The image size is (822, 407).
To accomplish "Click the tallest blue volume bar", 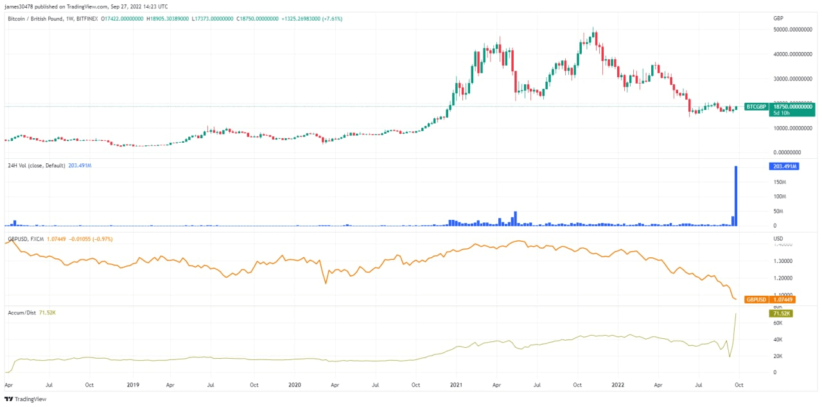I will pos(736,196).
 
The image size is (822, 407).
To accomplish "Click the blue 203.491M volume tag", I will pos(783,167).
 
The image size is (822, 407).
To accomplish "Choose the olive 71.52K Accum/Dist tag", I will pos(781,313).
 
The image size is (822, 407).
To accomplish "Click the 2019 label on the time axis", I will pos(133,385).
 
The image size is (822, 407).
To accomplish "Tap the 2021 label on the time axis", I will pos(456,385).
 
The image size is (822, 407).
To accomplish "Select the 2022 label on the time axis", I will pos(618,385).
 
